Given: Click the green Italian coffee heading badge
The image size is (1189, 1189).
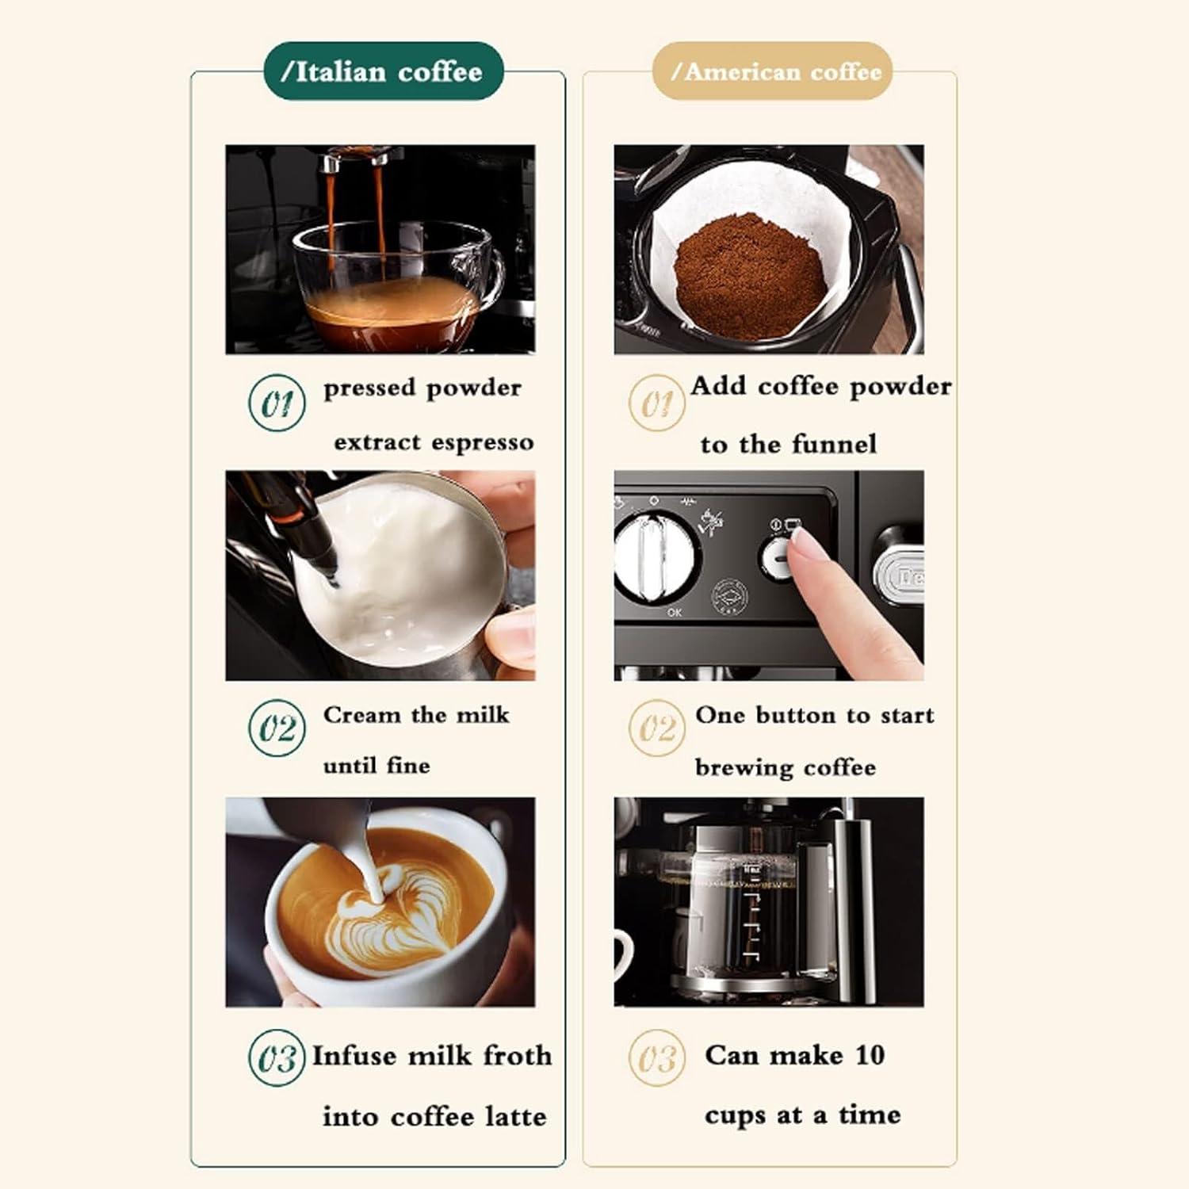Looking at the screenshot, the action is [x=384, y=71].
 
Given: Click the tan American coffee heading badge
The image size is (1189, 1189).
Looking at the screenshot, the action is [x=772, y=71].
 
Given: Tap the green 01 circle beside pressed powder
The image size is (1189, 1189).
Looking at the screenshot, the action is [x=277, y=403].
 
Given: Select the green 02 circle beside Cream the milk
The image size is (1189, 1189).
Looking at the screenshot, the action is [x=277, y=728].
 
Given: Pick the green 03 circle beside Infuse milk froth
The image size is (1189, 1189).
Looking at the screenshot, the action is [x=277, y=1057].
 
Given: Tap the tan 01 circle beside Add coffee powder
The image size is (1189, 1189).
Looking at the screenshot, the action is [x=656, y=403].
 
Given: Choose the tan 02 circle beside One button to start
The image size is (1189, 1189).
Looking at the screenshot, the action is [x=656, y=728].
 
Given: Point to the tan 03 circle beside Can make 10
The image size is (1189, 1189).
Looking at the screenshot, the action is [x=656, y=1057].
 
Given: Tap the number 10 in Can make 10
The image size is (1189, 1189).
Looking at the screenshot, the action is [x=870, y=1054].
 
